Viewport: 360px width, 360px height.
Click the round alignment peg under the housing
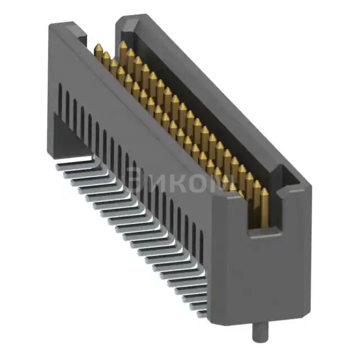256,331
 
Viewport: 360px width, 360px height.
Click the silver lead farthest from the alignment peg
76,161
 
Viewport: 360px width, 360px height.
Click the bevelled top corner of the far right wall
125,20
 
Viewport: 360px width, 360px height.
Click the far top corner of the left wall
56,25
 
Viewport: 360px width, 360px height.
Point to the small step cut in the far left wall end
82,39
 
